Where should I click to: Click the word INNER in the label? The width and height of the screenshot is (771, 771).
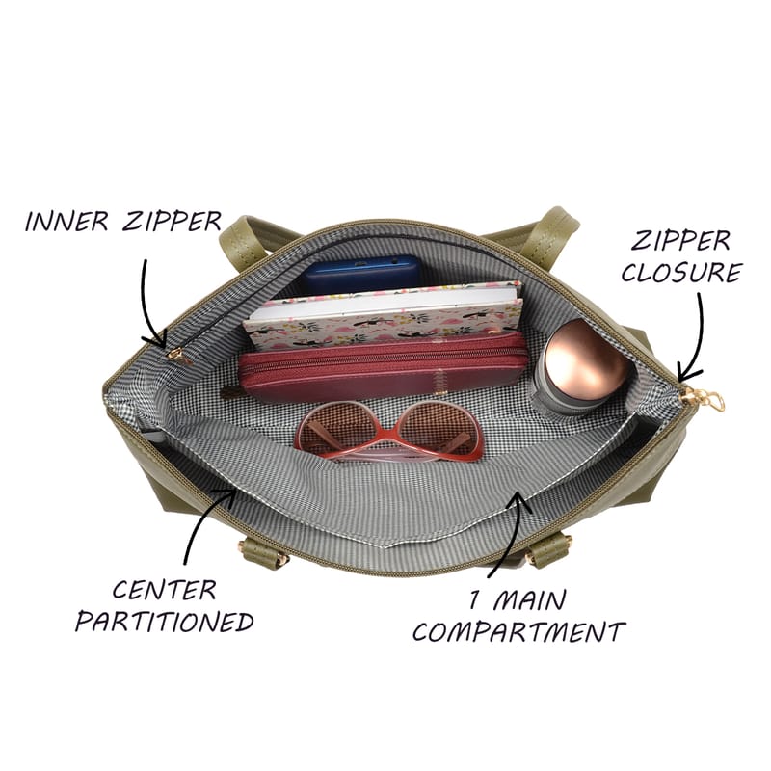66,222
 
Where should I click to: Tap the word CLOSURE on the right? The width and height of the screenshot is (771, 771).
681,273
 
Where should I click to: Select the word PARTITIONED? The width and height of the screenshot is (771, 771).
164,622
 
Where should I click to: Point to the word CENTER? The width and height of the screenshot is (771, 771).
164,590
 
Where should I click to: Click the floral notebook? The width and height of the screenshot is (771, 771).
384,315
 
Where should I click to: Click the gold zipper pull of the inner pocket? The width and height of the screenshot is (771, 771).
179,356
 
